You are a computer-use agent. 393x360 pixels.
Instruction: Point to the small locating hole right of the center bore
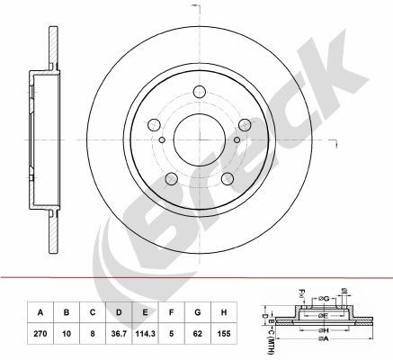click(232, 139)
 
